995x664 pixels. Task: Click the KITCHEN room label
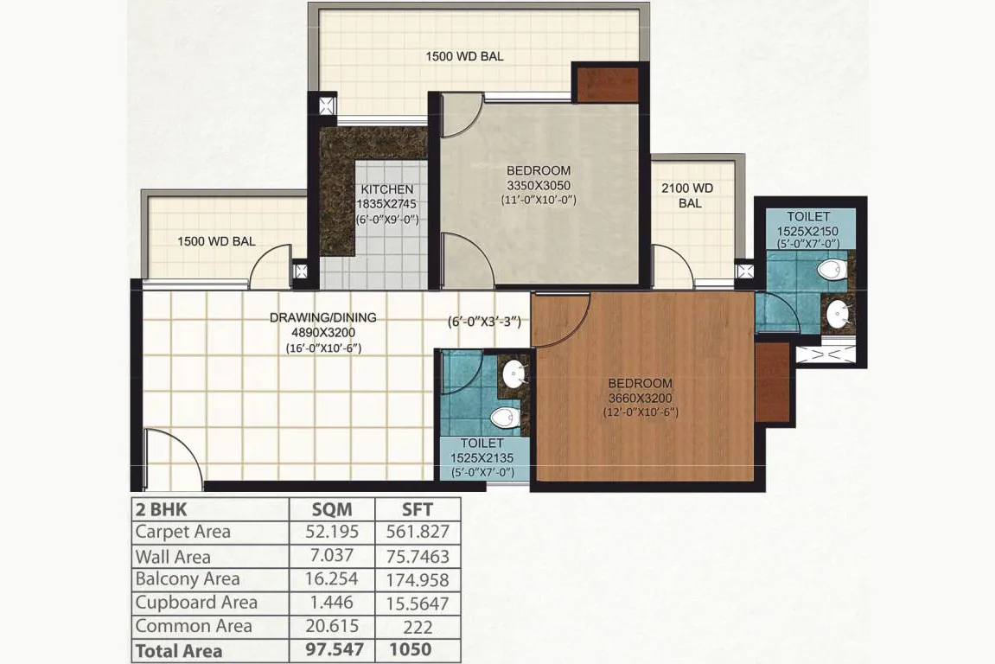(x=387, y=189)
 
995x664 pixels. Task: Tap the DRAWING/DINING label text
(x=323, y=317)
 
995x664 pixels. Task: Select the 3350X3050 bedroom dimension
(x=538, y=185)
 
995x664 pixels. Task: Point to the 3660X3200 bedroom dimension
(x=640, y=398)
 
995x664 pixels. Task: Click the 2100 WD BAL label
(x=688, y=195)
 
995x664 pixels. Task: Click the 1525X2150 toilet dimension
(x=807, y=231)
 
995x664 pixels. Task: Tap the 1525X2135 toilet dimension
(x=482, y=457)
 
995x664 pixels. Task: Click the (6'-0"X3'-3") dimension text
(x=484, y=322)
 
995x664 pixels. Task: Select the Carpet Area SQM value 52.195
(x=332, y=532)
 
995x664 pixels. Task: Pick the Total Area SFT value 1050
(x=410, y=649)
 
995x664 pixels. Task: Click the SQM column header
(x=332, y=509)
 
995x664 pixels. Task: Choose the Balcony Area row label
(x=188, y=579)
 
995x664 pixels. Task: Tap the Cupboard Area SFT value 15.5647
(x=418, y=603)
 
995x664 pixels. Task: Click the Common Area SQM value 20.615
(x=332, y=626)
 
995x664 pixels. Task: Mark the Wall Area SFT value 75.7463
(x=418, y=556)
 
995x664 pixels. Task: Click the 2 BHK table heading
(x=161, y=510)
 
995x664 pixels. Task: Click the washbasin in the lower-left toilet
(x=514, y=374)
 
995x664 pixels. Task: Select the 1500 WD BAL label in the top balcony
(x=464, y=56)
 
